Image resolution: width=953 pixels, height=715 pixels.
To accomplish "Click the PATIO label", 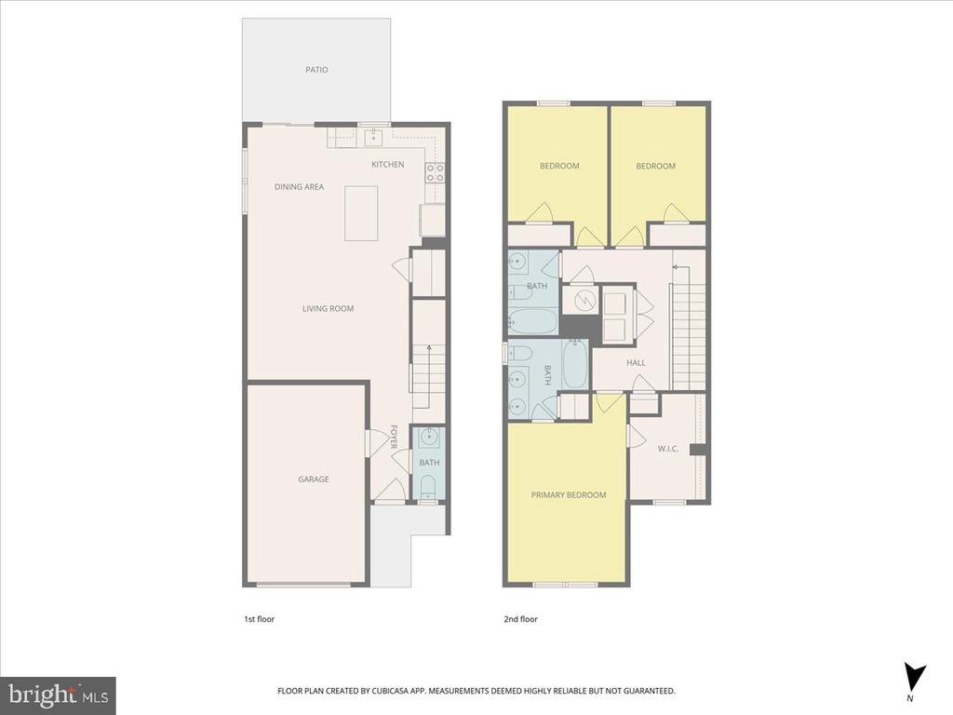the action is [316, 70].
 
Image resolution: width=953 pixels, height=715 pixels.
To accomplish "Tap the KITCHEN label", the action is [388, 164].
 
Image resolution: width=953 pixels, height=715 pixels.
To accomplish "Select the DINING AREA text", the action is [299, 186].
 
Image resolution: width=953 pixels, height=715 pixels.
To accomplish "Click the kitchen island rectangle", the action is [361, 213].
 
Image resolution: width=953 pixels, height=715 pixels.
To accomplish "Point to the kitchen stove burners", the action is [435, 172].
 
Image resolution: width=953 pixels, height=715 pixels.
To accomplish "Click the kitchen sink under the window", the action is [372, 138].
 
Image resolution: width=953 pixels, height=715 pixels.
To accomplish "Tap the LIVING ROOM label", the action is [329, 308].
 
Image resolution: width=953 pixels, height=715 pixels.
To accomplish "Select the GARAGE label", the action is [314, 479].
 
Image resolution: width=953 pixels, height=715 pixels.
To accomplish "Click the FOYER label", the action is [394, 437].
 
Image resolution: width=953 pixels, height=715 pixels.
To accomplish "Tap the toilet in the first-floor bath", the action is [428, 486].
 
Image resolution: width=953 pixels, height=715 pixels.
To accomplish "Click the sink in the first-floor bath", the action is [429, 436].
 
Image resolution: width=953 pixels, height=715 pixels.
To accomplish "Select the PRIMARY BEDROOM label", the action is [569, 495].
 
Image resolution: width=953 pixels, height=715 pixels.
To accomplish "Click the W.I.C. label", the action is [668, 450].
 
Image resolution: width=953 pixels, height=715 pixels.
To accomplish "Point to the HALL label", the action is [637, 362].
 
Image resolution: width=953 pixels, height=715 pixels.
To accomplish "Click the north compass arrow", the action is [914, 677].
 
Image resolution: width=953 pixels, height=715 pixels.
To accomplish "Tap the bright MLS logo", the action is [59, 695].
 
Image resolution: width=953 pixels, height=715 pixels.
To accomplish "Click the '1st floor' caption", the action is [260, 619].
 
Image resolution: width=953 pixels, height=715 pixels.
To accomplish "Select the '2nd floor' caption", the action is [521, 619].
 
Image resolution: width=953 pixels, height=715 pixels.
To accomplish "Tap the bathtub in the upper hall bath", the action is [531, 321].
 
